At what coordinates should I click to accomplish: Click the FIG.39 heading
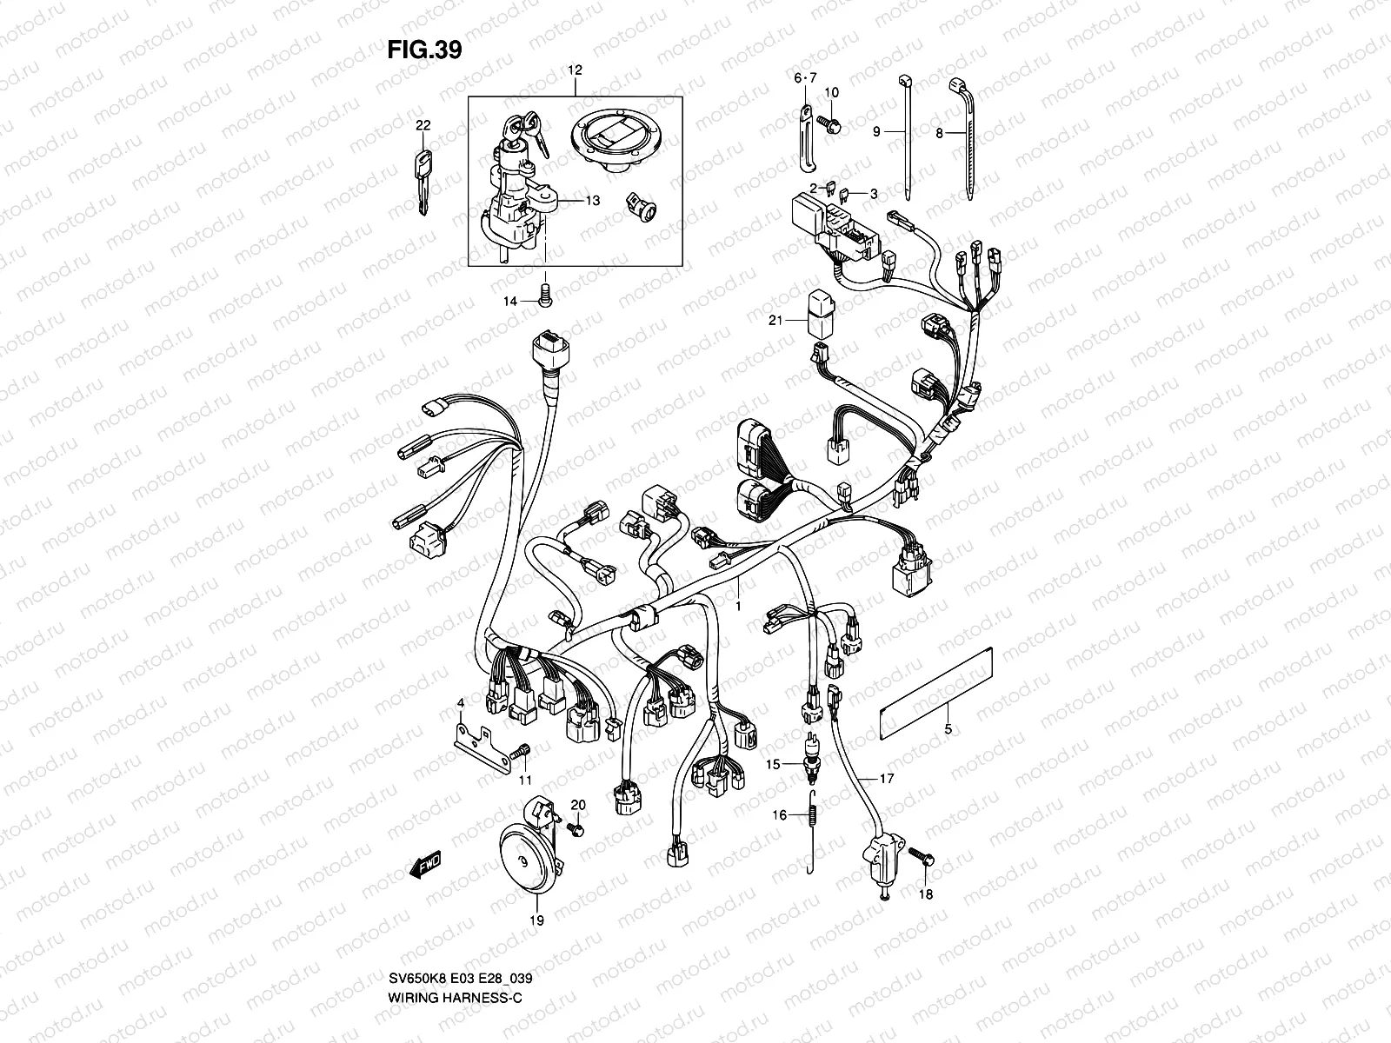click(x=424, y=50)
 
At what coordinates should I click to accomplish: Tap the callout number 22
click(x=423, y=126)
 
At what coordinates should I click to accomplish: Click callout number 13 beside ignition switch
click(x=592, y=201)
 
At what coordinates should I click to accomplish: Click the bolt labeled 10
click(x=832, y=127)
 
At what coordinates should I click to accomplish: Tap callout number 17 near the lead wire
click(x=886, y=779)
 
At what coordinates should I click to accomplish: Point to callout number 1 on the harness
click(x=738, y=605)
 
